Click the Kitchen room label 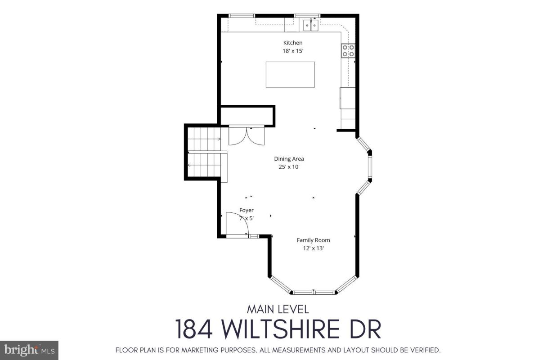point(293,43)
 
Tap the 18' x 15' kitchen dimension point(293,51)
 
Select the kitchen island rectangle point(291,75)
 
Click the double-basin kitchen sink point(311,25)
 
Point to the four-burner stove point(348,51)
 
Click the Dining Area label point(289,159)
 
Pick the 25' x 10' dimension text point(289,167)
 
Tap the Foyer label point(246,210)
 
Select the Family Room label point(313,240)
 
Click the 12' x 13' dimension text point(313,248)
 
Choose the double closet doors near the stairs point(247,135)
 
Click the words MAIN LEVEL point(278,309)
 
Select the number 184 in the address point(194,329)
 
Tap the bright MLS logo point(29,350)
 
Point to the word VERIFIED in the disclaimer point(425,350)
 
